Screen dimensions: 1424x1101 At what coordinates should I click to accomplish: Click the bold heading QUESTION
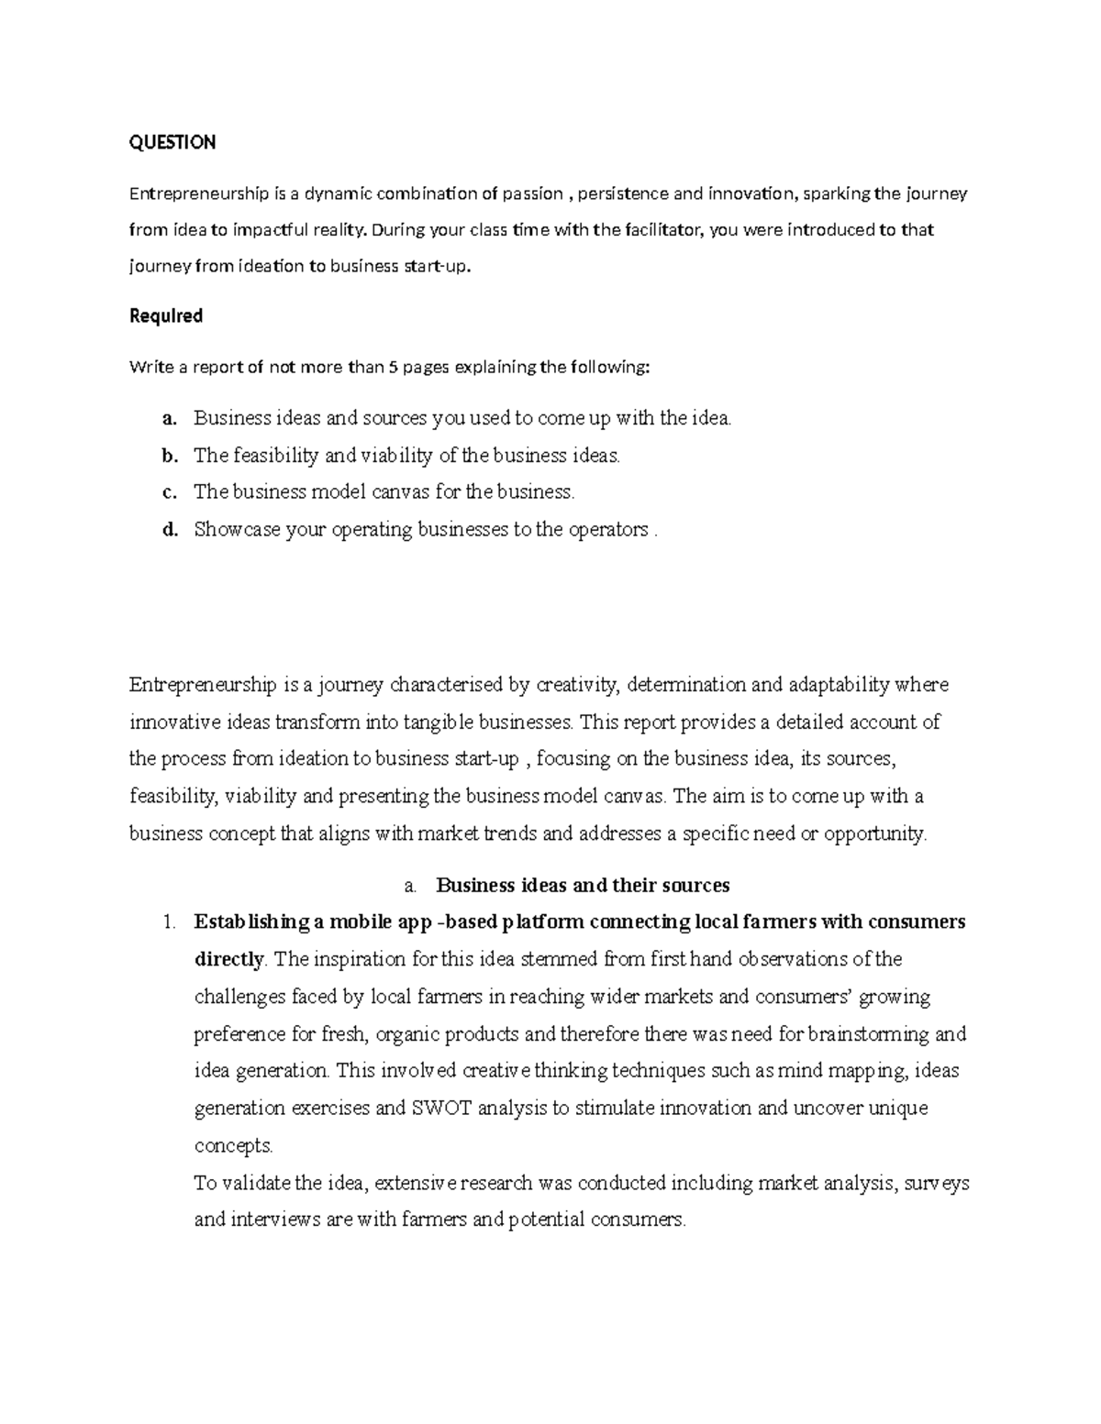[172, 142]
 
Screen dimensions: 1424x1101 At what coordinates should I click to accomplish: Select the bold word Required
[166, 316]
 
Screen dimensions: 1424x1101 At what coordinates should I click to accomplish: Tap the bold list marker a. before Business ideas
[168, 419]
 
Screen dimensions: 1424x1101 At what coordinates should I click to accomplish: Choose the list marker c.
[168, 492]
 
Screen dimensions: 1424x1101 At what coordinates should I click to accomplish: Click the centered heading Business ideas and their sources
[583, 886]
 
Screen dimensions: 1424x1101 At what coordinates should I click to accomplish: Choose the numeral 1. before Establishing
[168, 922]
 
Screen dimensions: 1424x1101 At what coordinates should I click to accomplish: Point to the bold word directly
[229, 960]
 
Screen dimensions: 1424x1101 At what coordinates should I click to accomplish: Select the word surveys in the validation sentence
[938, 1183]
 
